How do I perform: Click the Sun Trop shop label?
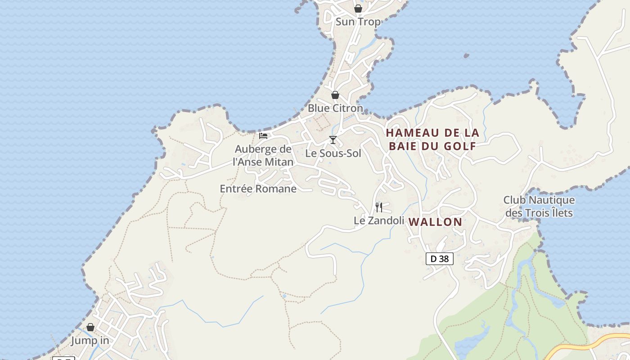point(358,22)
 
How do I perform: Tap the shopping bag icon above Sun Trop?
point(358,9)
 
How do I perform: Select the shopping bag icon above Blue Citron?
point(335,95)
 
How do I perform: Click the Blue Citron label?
point(335,108)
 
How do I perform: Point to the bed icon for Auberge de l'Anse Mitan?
point(263,135)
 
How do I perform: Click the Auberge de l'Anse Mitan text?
point(263,155)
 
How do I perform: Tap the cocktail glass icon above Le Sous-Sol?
point(333,140)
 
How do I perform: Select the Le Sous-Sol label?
point(333,153)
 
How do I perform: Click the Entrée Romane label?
point(258,189)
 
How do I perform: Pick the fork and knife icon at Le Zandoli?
point(379,207)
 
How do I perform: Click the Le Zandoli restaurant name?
point(378,220)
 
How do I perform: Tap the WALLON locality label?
point(435,222)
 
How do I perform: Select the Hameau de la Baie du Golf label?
point(432,139)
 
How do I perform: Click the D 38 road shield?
point(439,259)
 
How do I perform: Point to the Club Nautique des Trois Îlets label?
point(539,206)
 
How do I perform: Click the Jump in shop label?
point(90,341)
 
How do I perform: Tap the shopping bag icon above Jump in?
point(90,327)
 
